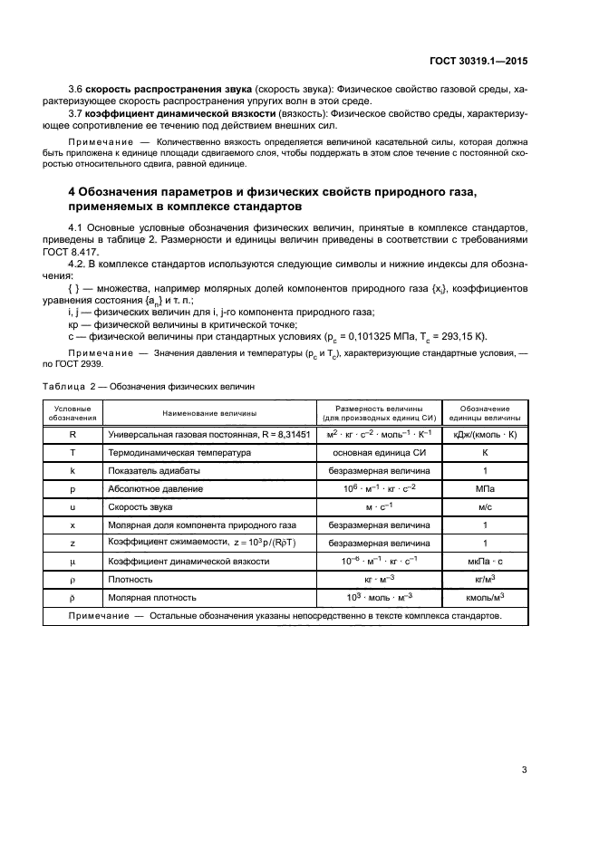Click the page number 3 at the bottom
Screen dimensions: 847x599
pyautogui.click(x=524, y=771)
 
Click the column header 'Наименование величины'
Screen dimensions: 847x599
pyautogui.click(x=208, y=413)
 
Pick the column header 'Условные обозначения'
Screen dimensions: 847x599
pyautogui.click(x=72, y=413)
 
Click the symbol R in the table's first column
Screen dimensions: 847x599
pyautogui.click(x=72, y=434)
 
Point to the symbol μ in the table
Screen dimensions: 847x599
pyautogui.click(x=72, y=561)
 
